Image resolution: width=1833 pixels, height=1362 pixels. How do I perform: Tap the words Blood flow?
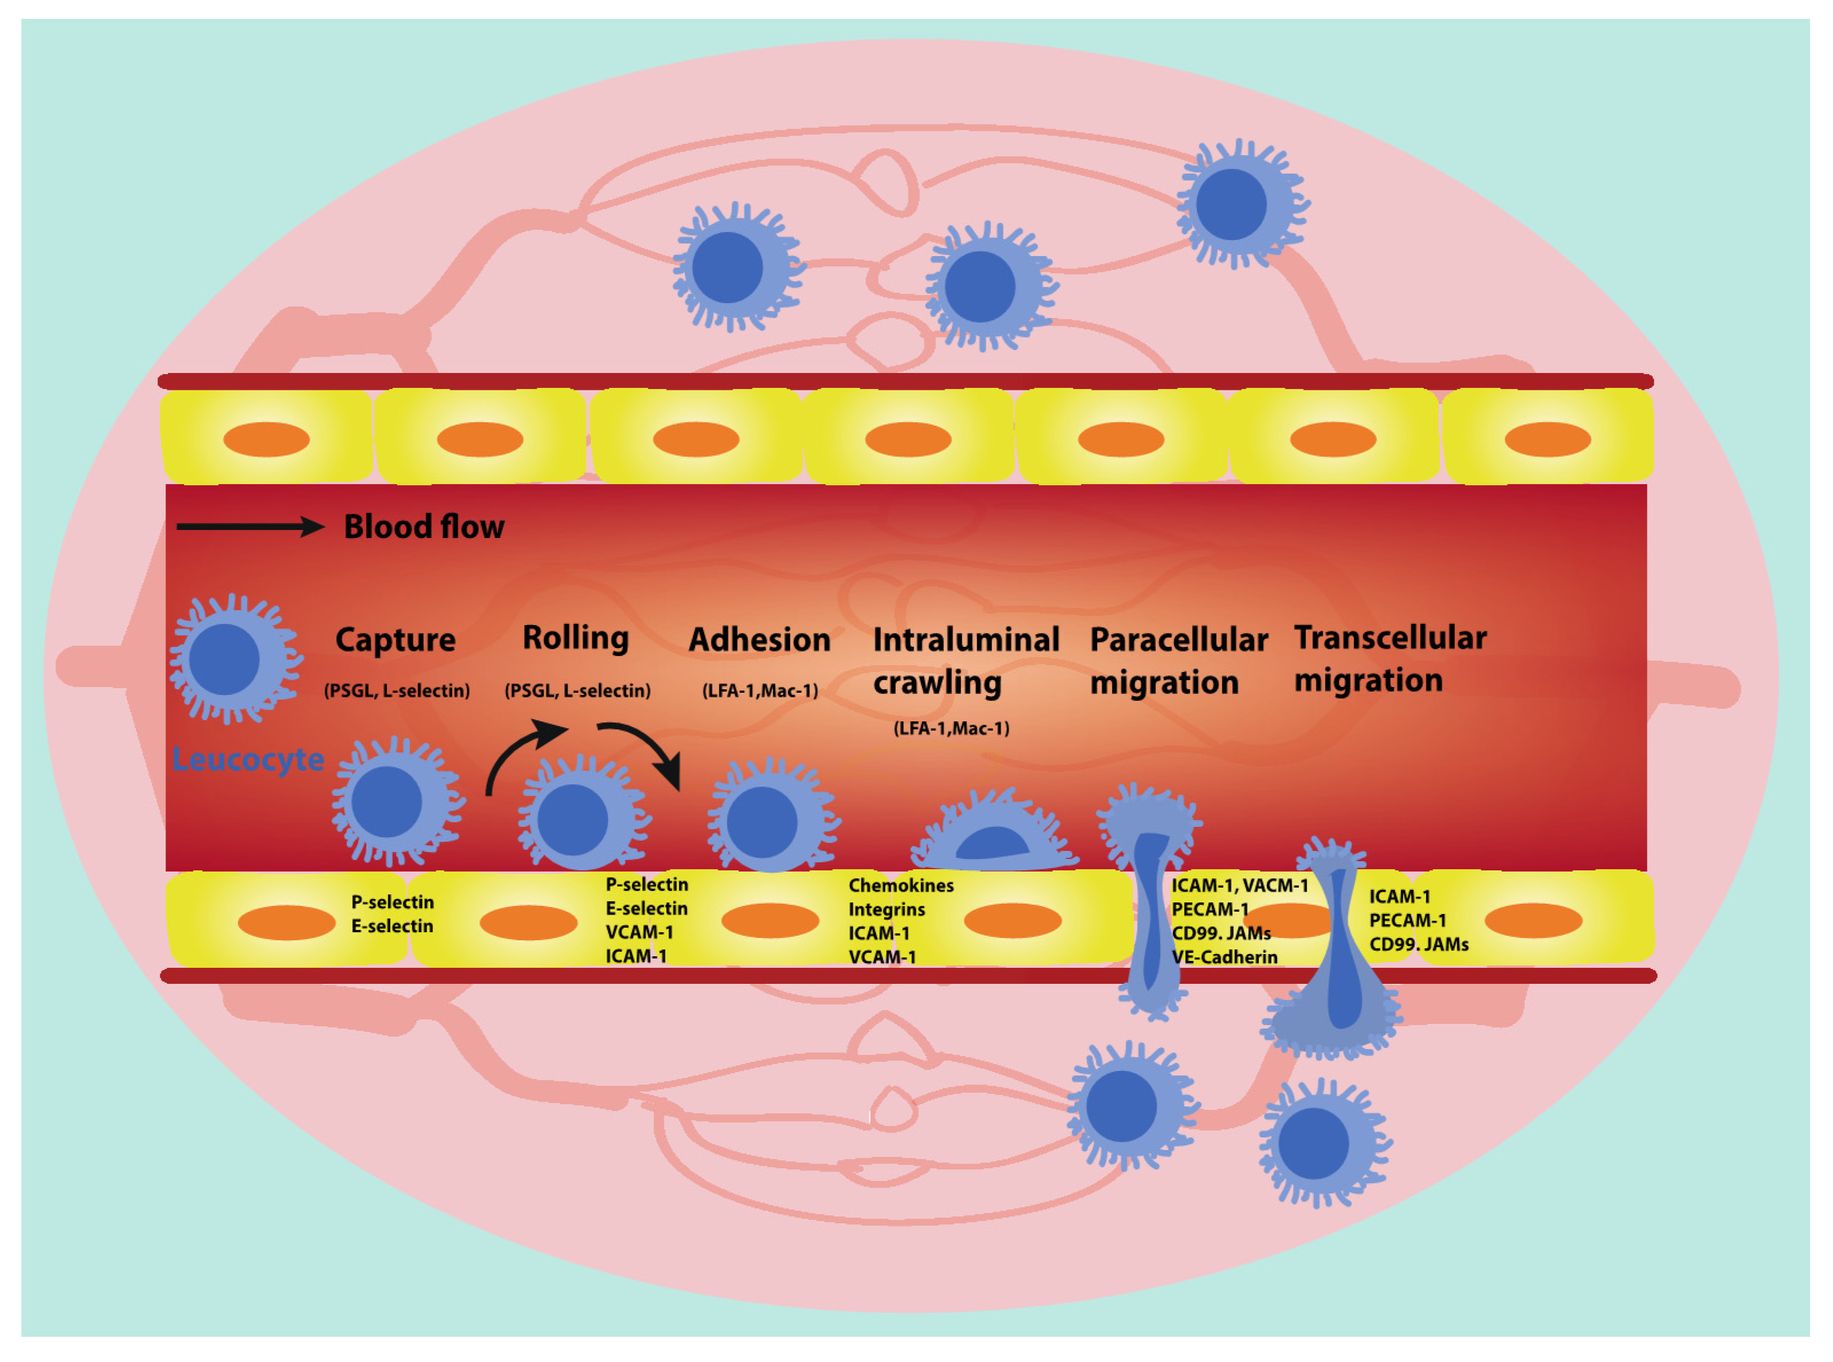pos(424,527)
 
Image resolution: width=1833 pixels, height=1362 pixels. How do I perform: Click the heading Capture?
pos(396,641)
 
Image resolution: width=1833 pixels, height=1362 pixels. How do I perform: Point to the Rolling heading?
pos(575,638)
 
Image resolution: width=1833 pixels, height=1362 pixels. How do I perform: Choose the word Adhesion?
pos(759,641)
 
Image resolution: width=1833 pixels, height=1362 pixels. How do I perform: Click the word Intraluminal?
pos(966,641)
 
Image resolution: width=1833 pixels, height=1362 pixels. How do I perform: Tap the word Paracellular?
pos(1179,641)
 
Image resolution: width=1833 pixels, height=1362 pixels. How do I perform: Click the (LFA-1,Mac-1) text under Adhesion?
pos(760,692)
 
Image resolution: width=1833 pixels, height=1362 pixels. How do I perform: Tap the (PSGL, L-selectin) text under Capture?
pos(396,692)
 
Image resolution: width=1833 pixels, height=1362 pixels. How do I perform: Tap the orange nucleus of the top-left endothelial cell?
pos(266,439)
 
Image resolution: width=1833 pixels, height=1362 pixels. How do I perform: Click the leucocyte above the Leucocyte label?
pos(233,660)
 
